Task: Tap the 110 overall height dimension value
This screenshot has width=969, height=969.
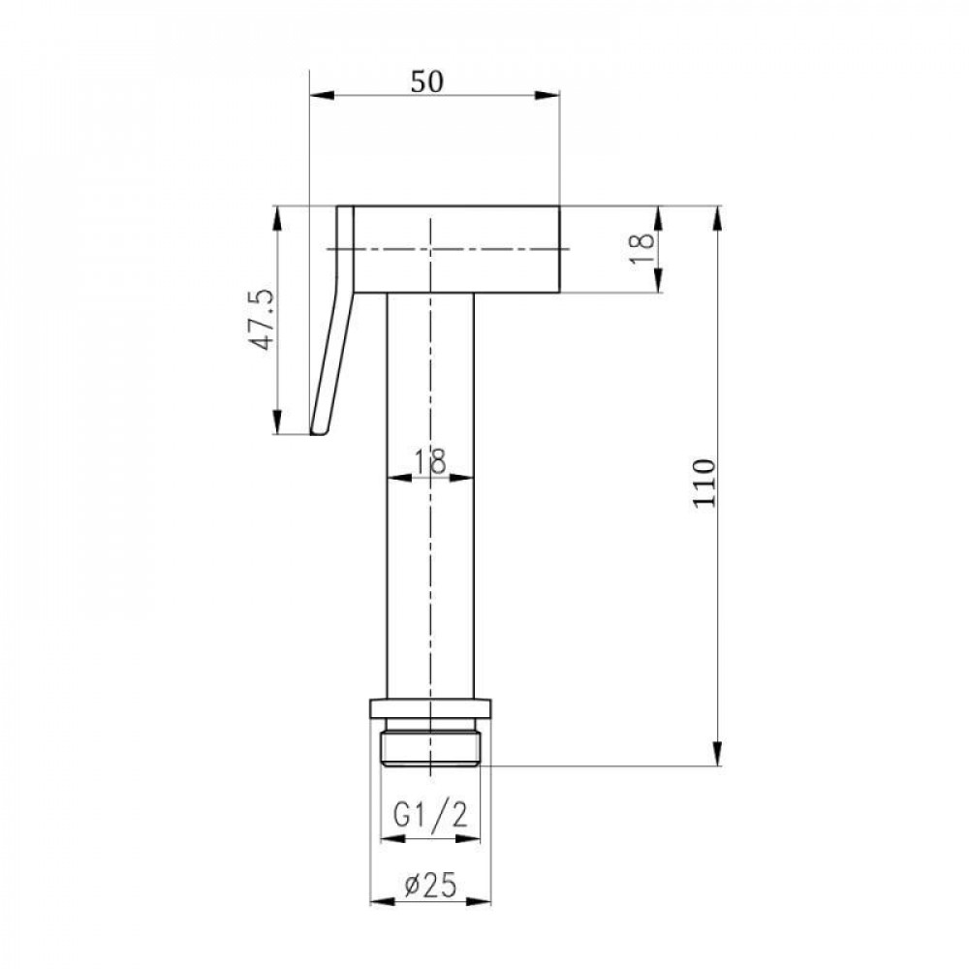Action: [704, 483]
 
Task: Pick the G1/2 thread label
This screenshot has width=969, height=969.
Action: [430, 817]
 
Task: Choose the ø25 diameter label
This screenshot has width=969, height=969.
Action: [430, 885]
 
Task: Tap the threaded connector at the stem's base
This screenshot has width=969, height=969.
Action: [430, 743]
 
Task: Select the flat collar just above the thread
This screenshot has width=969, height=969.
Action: [430, 707]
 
